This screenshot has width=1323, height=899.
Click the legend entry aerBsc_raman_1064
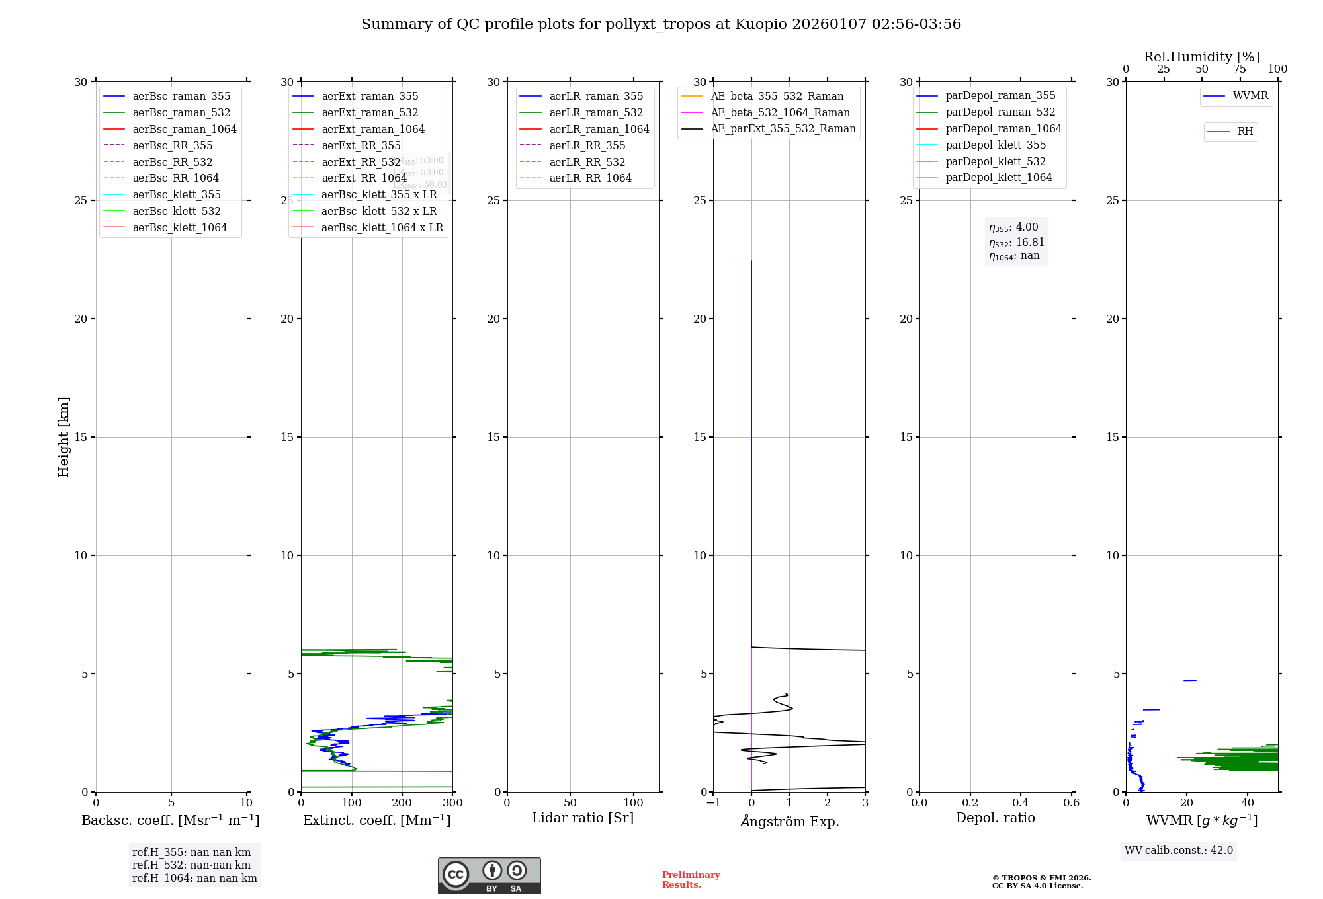pos(184,129)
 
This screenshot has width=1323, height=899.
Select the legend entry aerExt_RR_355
pos(361,145)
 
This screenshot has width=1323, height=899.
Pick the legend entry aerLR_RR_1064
pos(590,178)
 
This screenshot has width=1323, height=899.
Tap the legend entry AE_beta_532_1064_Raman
pos(780,112)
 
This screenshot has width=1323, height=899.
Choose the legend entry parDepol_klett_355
pos(996,145)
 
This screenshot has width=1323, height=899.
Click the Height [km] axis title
pos(64,436)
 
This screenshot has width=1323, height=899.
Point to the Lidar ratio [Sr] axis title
pos(583,818)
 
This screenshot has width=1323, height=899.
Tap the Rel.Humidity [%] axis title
pos(1201,57)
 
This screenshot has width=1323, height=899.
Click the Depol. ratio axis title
pos(996,818)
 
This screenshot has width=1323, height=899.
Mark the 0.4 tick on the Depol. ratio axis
pos(1021,802)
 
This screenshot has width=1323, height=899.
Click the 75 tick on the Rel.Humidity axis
pos(1240,69)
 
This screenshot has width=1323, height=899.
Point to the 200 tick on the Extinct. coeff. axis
pos(402,802)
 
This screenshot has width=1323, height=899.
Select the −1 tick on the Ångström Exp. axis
pos(713,802)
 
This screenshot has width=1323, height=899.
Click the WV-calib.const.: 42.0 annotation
pos(1179,850)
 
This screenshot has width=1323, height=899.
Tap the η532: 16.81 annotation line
pos(1016,243)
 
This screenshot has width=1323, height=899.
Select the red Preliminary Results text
pos(691,880)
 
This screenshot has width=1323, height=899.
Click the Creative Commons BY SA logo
pos(489,875)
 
